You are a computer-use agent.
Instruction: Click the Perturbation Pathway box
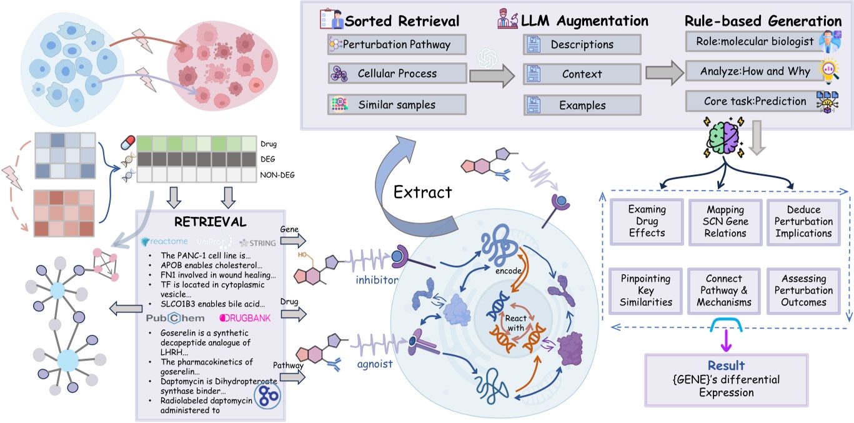click(x=397, y=45)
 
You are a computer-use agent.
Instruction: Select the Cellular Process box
click(x=397, y=74)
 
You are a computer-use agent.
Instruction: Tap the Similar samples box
click(x=397, y=104)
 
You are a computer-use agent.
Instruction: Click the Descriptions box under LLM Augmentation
click(x=582, y=45)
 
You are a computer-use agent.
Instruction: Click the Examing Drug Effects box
click(x=647, y=221)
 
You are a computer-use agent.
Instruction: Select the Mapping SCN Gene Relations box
click(x=725, y=221)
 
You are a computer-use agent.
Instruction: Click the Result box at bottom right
click(x=726, y=379)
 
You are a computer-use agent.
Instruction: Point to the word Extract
click(x=422, y=192)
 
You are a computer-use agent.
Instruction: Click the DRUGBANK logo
click(x=246, y=319)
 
